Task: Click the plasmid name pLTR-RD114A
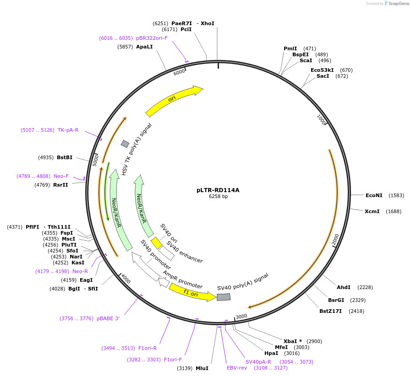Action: pyautogui.click(x=218, y=190)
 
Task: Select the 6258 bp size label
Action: pyautogui.click(x=218, y=197)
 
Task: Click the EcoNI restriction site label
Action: pyautogui.click(x=374, y=195)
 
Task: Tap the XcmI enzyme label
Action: pyautogui.click(x=372, y=211)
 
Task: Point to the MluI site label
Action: pyautogui.click(x=202, y=368)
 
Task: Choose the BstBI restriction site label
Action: pyautogui.click(x=65, y=158)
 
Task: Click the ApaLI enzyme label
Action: pyautogui.click(x=144, y=47)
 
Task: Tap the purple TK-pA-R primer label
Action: pyautogui.click(x=68, y=130)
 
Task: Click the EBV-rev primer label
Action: pyautogui.click(x=237, y=368)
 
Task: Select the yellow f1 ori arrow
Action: pyautogui.click(x=192, y=293)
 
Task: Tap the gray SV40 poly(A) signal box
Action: pyautogui.click(x=224, y=297)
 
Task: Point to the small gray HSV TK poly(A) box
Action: pyautogui.click(x=125, y=144)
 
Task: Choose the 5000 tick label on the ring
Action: pyautogui.click(x=96, y=160)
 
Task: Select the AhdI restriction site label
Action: pyautogui.click(x=344, y=287)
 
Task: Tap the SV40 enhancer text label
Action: pyautogui.click(x=185, y=252)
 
